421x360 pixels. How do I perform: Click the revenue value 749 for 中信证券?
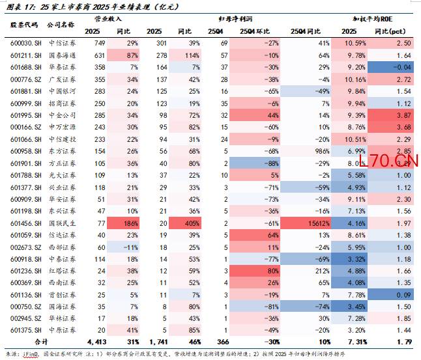click(99, 43)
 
